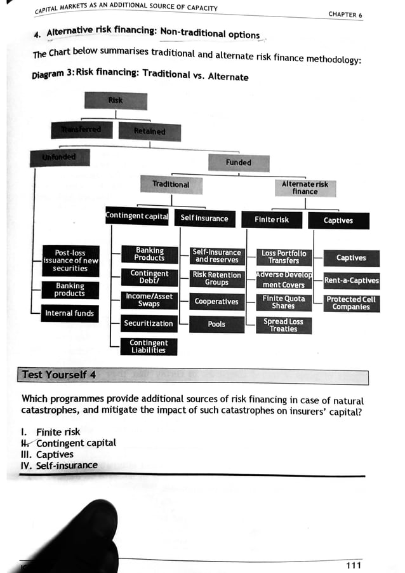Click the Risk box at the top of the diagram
coord(116,101)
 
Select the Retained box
coord(149,131)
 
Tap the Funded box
coord(239,162)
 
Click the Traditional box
coord(171,184)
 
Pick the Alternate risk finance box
coord(305,187)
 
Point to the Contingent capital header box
coord(137,217)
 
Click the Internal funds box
coord(69,313)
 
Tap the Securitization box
coord(149,323)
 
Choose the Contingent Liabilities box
coord(149,347)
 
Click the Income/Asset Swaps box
coord(149,300)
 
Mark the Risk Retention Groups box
coord(216,279)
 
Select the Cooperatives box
coord(216,302)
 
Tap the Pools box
coord(216,324)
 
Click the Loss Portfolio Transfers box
coord(284,257)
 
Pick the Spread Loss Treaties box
coord(284,325)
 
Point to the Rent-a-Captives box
coord(351,280)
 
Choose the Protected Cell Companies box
coord(351,303)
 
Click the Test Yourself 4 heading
coord(59,375)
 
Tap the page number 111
coord(354,565)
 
